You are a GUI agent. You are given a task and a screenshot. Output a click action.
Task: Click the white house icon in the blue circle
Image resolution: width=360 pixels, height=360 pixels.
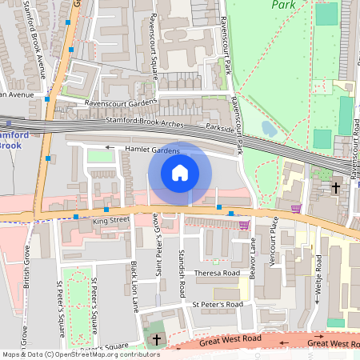pyautogui.click(x=180, y=172)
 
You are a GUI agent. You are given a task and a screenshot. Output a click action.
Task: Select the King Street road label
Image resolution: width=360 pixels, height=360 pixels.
pyautogui.click(x=110, y=218)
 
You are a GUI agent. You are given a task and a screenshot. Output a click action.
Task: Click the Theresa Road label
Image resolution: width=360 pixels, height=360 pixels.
pyautogui.click(x=217, y=272)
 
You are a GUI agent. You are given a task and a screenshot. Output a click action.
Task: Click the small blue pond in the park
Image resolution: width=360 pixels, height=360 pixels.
pyautogui.click(x=269, y=128)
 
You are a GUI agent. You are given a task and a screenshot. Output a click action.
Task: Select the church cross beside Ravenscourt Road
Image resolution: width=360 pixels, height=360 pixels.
pyautogui.click(x=335, y=188)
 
